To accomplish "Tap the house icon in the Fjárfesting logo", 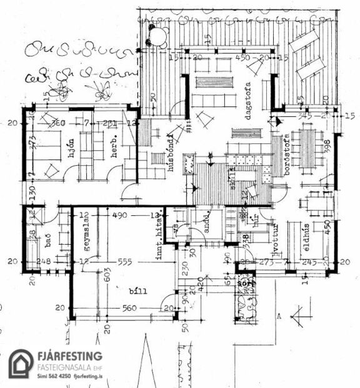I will point(21,364).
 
